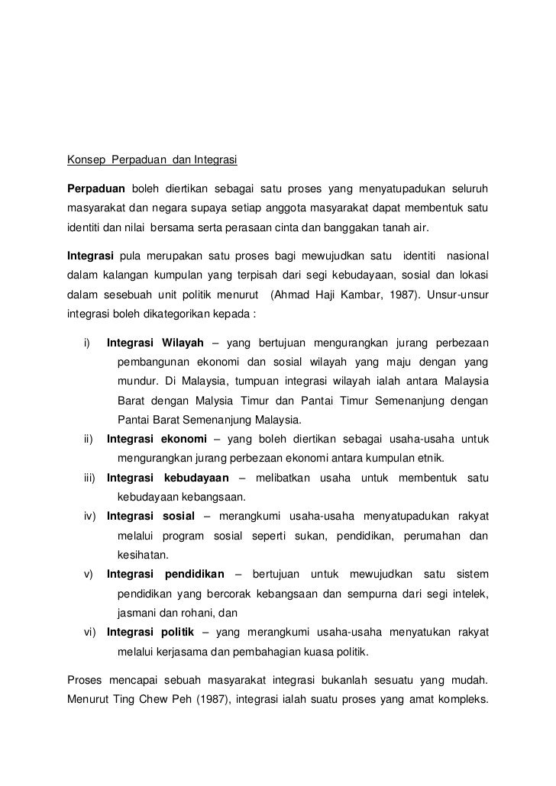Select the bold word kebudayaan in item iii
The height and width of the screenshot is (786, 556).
pyautogui.click(x=196, y=478)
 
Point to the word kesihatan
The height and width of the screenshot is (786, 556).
pyautogui.click(x=143, y=555)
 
